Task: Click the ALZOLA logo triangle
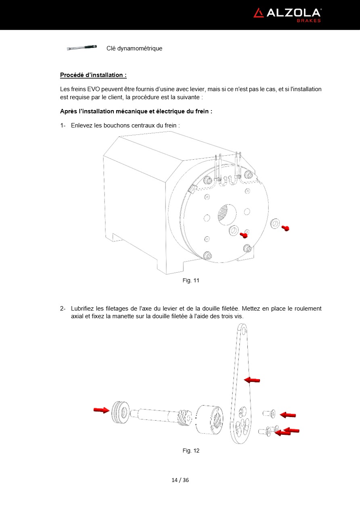coord(258,13)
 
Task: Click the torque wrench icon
coord(82,48)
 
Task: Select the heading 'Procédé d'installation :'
coord(93,75)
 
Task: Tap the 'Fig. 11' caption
coord(191,280)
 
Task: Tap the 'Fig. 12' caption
coord(191,451)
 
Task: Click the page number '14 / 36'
coord(180,480)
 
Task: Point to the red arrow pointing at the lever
coord(252,380)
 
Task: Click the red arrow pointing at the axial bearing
coord(101,410)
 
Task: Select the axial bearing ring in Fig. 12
coord(119,412)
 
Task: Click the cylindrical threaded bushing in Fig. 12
coord(209,419)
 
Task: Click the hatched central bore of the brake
coord(223,212)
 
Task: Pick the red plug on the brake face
coord(243,235)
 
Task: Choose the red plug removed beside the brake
coord(285,228)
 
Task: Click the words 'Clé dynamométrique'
coord(134,48)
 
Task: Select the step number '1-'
coord(63,125)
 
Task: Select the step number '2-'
coord(63,309)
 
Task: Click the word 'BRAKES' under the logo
coord(309,21)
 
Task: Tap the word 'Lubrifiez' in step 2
coord(84,309)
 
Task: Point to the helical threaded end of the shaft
coord(183,417)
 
